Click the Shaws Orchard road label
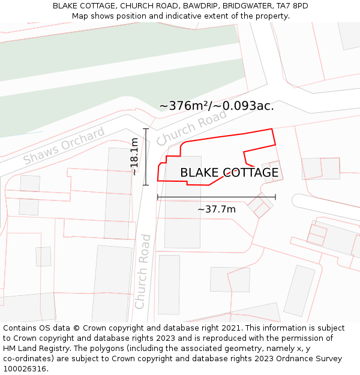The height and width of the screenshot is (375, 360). click(64, 146)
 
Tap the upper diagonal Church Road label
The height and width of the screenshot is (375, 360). click(191, 127)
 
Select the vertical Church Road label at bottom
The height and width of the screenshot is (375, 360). click(142, 271)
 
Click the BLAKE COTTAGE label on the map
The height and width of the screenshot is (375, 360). click(229, 173)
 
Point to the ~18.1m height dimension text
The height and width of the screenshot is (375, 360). click(135, 156)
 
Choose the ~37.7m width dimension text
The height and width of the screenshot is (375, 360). click(216, 209)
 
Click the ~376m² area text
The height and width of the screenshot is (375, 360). click(185, 106)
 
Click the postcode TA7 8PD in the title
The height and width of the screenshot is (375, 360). click(293, 6)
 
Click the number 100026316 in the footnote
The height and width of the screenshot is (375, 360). click(24, 369)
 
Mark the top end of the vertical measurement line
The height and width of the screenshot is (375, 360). click(145, 128)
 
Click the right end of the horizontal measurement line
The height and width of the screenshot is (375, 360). click(275, 197)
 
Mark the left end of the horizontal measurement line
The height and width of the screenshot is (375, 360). click(158, 197)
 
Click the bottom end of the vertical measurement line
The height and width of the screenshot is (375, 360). click(145, 185)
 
